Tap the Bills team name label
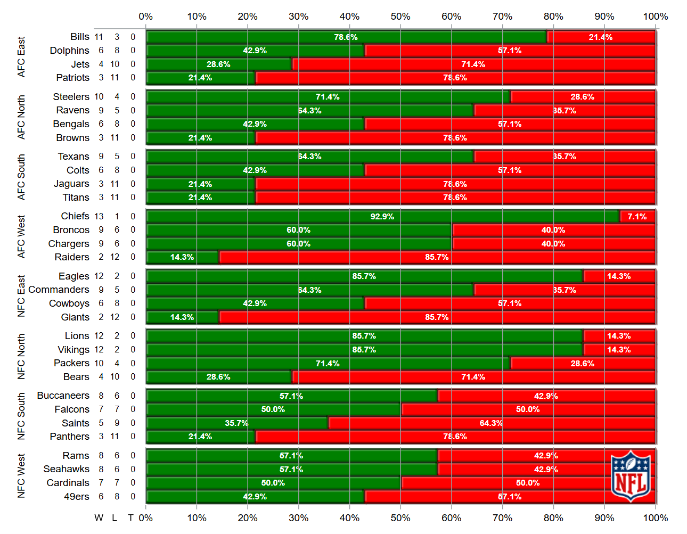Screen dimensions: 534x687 click(x=80, y=37)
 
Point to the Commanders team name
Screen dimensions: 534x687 click(x=59, y=290)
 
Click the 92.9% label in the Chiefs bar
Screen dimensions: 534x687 click(x=382, y=217)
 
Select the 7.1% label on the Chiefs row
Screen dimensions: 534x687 click(x=637, y=217)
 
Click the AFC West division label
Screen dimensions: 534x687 click(x=21, y=237)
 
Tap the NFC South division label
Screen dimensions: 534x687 click(x=21, y=416)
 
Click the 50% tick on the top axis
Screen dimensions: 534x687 click(x=400, y=17)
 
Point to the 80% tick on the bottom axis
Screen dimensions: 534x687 click(x=553, y=518)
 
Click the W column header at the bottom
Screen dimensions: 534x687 click(x=99, y=518)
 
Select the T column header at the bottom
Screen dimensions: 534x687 click(x=130, y=518)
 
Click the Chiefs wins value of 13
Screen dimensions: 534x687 click(x=99, y=217)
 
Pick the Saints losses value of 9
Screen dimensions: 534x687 click(x=117, y=423)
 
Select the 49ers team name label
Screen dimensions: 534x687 click(x=77, y=497)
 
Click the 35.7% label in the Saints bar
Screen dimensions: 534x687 click(x=236, y=423)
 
